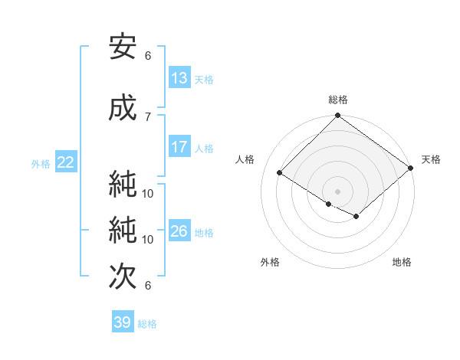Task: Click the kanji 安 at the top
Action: click(x=123, y=47)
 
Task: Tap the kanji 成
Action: click(x=123, y=109)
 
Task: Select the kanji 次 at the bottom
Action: click(x=123, y=277)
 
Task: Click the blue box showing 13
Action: click(x=179, y=78)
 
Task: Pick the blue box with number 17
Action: click(x=179, y=147)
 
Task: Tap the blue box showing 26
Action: click(x=179, y=231)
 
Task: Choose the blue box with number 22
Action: click(x=66, y=162)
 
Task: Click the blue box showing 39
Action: click(x=123, y=322)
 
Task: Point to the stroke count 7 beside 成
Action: click(x=148, y=116)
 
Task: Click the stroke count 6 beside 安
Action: click(x=148, y=55)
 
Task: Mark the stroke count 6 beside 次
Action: click(x=148, y=285)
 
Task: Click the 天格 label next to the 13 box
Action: click(x=204, y=79)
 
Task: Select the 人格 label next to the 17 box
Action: click(x=204, y=148)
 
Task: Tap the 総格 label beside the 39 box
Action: click(x=147, y=323)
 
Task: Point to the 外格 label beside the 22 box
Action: click(x=41, y=163)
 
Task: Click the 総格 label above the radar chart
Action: click(x=337, y=100)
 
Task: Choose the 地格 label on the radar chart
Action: click(x=402, y=262)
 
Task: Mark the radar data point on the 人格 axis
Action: click(x=280, y=173)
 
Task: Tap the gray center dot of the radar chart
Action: click(x=337, y=190)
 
